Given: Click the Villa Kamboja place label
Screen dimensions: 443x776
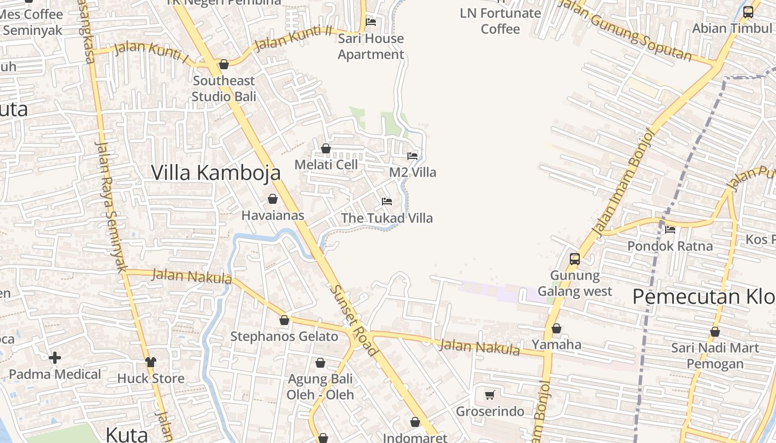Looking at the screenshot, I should (216, 173).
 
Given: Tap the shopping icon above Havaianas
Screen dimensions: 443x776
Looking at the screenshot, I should (273, 199).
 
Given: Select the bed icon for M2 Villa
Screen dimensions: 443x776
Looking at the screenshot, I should (412, 156).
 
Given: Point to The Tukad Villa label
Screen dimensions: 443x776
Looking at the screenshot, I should (387, 218).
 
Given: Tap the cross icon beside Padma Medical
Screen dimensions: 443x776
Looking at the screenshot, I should (55, 358).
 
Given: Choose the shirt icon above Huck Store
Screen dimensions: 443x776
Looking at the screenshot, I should (151, 362).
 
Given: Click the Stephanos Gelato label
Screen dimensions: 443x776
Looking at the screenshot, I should (284, 337).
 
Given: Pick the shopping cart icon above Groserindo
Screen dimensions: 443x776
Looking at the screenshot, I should (490, 395).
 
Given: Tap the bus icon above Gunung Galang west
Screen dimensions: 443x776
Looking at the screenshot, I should (575, 259).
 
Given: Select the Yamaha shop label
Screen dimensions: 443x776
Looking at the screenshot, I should (557, 344).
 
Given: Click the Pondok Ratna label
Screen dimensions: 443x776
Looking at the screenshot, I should (670, 245).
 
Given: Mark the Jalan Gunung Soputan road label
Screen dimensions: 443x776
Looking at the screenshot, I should (625, 30).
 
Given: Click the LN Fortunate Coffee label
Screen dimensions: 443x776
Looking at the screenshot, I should (501, 21).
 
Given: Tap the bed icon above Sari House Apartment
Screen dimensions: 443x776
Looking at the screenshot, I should (371, 22).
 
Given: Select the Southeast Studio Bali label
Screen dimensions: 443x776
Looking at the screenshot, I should (224, 89).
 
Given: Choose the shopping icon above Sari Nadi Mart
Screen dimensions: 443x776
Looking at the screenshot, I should (715, 332).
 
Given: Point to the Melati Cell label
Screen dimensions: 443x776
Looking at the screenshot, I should (326, 165).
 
